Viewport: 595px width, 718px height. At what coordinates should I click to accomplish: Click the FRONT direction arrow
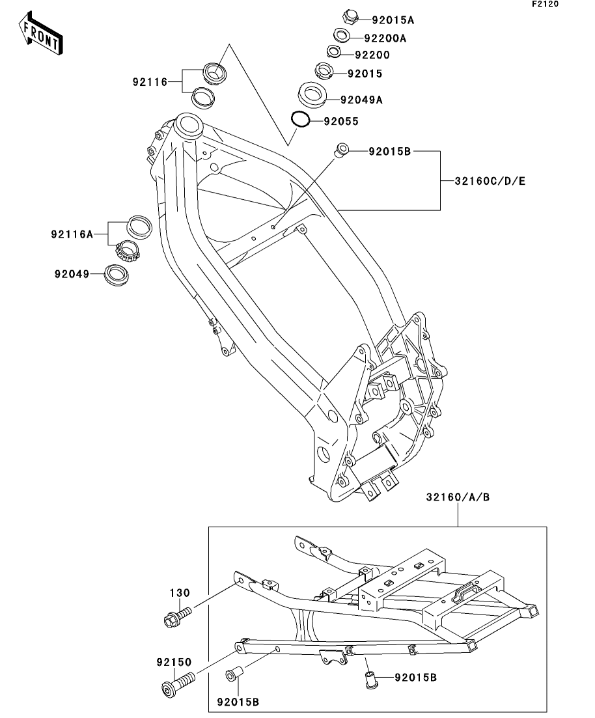(x=41, y=33)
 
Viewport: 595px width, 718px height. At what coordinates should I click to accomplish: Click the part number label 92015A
(x=393, y=20)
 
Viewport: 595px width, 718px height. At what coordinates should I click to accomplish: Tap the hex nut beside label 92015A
(x=350, y=17)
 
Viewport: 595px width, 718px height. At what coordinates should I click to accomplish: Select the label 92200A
(x=385, y=38)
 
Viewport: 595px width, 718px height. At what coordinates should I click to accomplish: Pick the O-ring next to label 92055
(x=301, y=120)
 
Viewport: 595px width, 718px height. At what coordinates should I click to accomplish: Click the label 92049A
(x=361, y=100)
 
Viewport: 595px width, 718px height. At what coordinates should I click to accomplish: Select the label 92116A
(x=72, y=234)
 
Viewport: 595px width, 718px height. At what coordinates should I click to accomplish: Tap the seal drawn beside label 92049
(x=117, y=275)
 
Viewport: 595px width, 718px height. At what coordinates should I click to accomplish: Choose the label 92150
(x=174, y=662)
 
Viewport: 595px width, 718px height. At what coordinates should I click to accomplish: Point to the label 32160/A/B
(x=458, y=497)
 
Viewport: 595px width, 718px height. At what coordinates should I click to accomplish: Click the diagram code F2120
(x=545, y=4)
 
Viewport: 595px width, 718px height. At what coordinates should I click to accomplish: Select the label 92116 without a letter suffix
(x=150, y=82)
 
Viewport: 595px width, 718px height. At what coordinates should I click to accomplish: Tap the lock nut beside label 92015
(x=324, y=71)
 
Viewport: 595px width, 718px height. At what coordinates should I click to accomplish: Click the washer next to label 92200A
(x=340, y=35)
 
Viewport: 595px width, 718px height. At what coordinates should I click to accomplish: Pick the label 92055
(x=341, y=121)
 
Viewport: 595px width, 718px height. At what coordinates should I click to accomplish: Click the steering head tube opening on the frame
(x=187, y=124)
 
